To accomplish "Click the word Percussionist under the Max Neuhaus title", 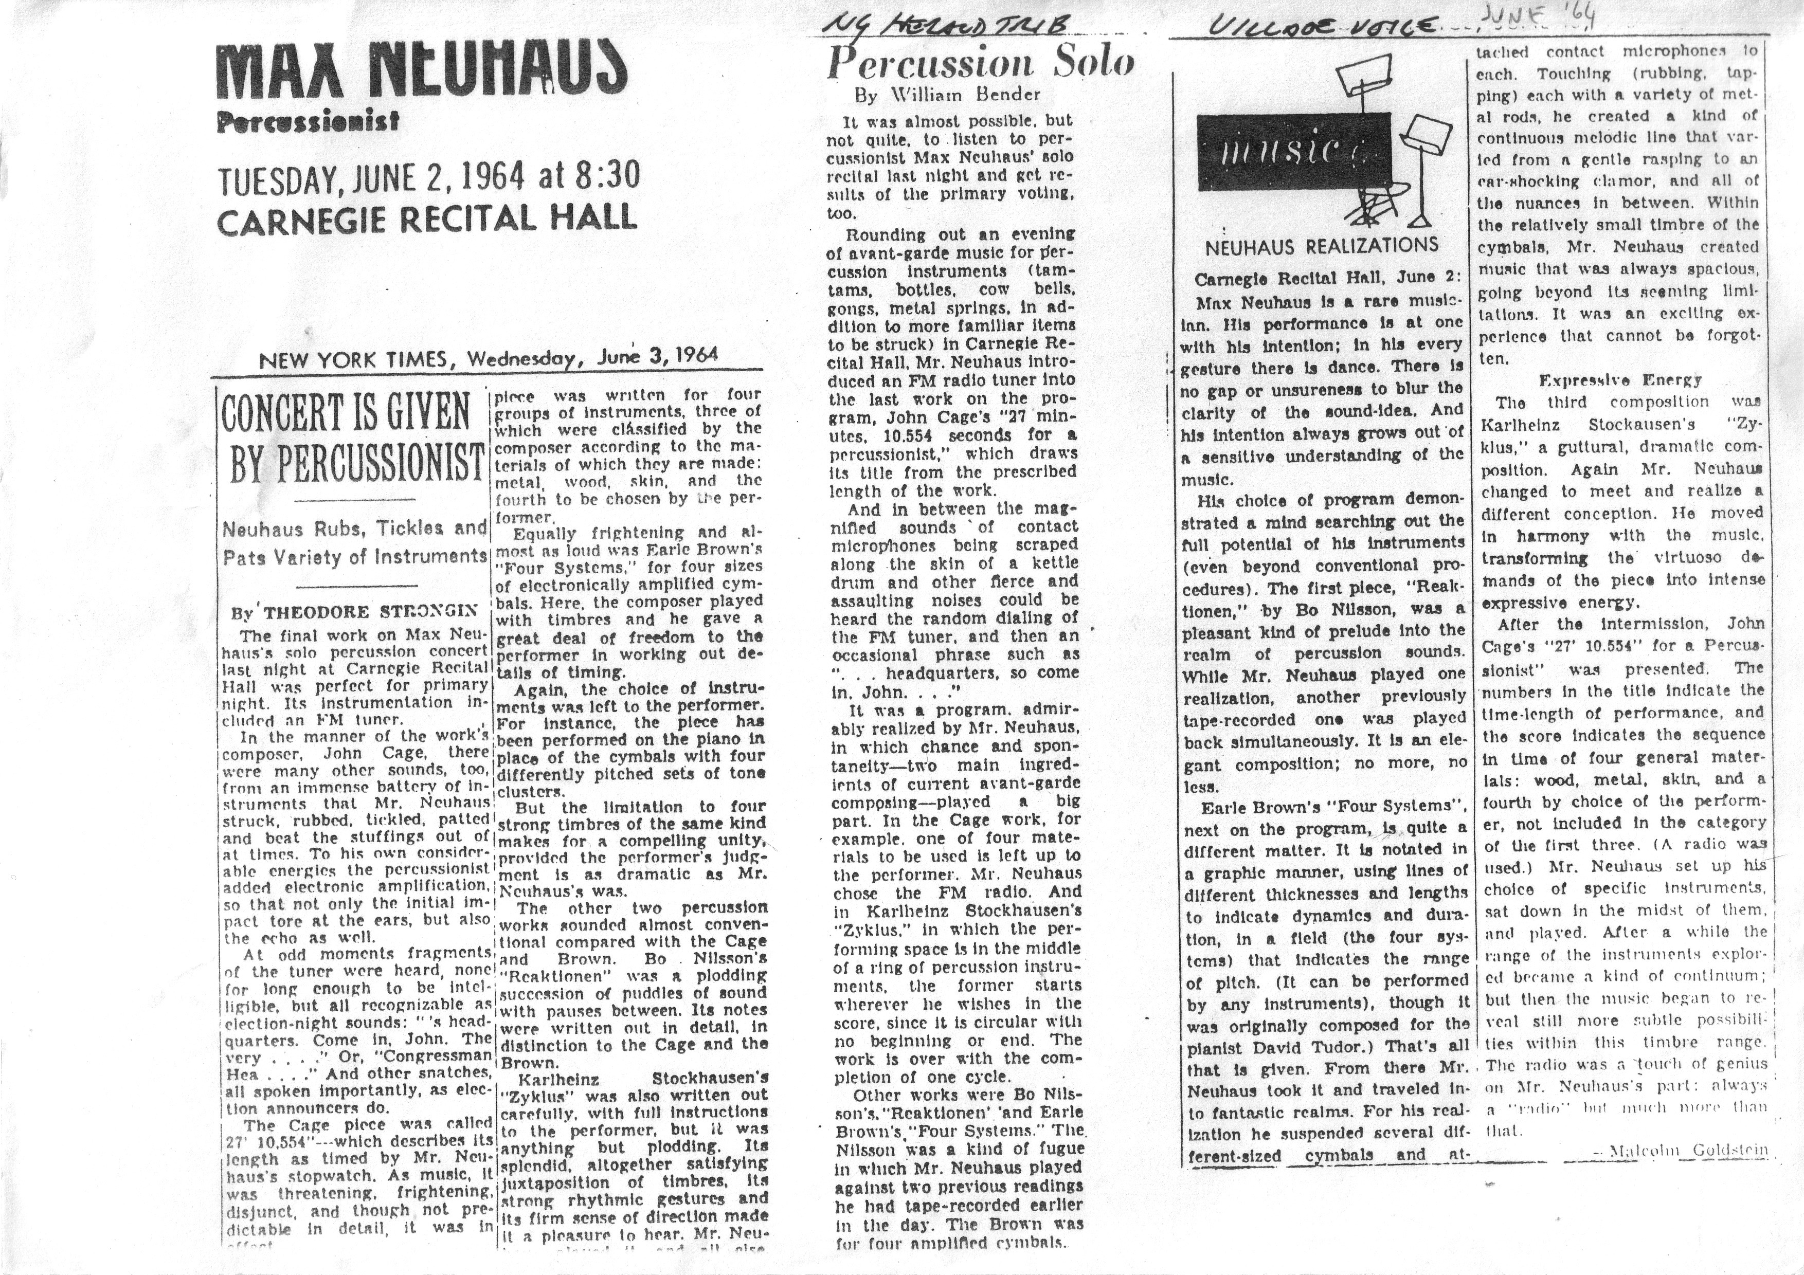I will (x=308, y=122).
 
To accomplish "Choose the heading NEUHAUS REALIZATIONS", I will (x=1322, y=246).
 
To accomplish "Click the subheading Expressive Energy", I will (x=1620, y=380).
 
